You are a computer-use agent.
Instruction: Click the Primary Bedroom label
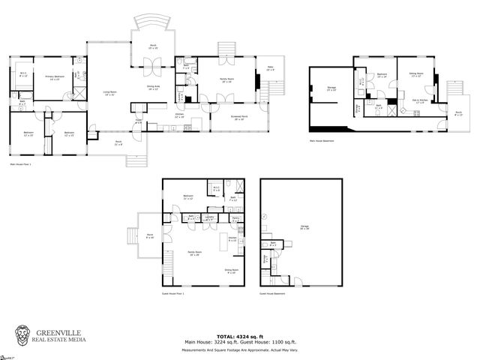coord(53,78)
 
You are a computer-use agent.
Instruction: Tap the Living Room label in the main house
coord(109,93)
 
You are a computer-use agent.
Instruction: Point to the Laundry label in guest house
coord(210,217)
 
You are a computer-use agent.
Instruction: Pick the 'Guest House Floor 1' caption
coord(172,293)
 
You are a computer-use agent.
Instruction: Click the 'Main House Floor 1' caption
coord(24,163)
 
